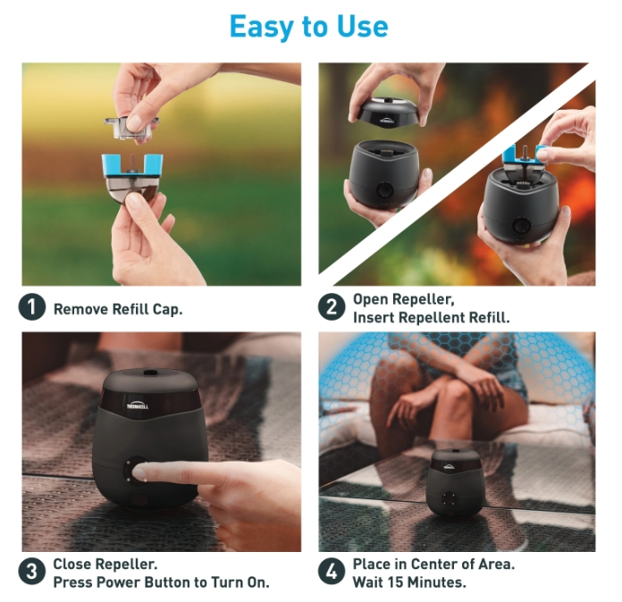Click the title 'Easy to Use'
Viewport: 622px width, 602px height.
(308, 27)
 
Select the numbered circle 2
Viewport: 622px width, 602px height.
(332, 307)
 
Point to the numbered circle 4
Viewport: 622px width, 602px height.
(332, 573)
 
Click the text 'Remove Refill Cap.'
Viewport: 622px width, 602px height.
(120, 309)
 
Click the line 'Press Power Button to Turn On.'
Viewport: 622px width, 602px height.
(161, 581)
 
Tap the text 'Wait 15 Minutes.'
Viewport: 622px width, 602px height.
(408, 581)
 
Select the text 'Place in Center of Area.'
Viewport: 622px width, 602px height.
(433, 564)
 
